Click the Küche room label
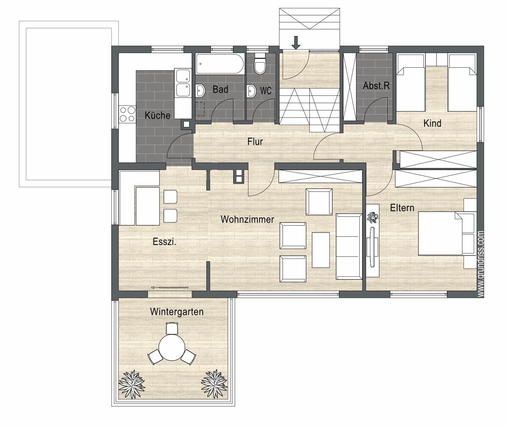(157, 115)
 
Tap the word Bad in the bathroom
(221, 89)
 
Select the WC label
(266, 91)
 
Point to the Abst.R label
(376, 86)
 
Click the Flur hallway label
(255, 142)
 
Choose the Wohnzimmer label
(247, 219)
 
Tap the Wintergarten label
(177, 312)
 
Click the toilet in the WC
(260, 64)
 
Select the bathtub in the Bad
(220, 64)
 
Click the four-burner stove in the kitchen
(127, 114)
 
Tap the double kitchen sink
(183, 83)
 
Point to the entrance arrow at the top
(296, 42)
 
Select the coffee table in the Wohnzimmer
(321, 250)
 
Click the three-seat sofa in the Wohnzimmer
(349, 246)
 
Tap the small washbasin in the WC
(251, 91)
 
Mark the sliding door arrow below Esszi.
(170, 288)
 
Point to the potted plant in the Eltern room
(373, 217)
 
